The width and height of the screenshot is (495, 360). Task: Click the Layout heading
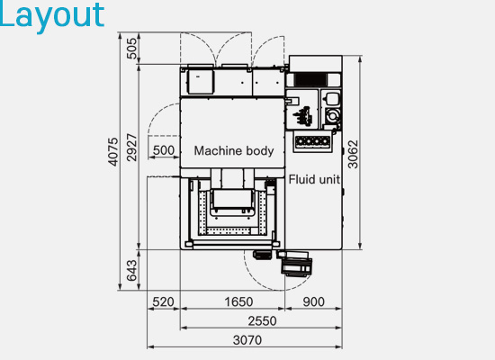tap(51, 16)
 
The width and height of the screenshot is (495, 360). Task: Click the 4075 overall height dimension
tap(113, 151)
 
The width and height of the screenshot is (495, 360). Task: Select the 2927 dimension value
tap(132, 148)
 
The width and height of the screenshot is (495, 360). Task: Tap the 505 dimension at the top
tap(132, 49)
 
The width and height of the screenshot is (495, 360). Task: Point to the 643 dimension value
tap(131, 271)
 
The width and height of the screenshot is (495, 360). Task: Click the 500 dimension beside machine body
tap(164, 150)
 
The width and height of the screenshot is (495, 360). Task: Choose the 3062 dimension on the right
tap(353, 155)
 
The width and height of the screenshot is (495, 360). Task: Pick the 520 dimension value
tap(163, 301)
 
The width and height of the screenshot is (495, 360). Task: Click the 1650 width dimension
tap(238, 301)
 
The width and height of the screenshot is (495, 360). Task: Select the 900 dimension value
tap(313, 301)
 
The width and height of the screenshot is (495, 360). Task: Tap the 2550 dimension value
tap(262, 321)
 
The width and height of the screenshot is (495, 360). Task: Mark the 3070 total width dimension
tap(247, 340)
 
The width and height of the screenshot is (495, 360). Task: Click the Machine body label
tap(234, 151)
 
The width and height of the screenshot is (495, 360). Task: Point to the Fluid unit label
tap(314, 179)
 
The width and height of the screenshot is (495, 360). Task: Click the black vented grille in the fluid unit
tap(310, 79)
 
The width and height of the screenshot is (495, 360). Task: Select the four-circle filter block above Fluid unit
tap(312, 141)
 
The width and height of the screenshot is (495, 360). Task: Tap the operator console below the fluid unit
tap(297, 266)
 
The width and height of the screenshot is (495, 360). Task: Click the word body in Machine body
tap(260, 151)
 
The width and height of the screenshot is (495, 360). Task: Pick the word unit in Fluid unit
tap(329, 179)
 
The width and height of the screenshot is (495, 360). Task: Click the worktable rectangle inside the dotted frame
tap(232, 199)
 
